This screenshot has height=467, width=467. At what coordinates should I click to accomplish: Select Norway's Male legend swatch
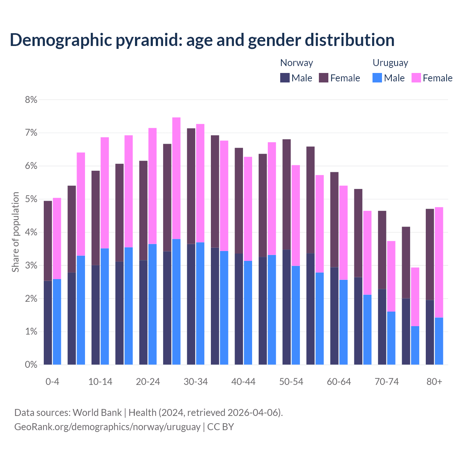(x=285, y=78)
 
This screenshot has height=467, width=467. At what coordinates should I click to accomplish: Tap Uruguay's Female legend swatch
(x=416, y=78)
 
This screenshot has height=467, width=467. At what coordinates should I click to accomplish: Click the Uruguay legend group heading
(x=390, y=63)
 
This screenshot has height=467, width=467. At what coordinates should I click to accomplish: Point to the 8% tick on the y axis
(x=31, y=100)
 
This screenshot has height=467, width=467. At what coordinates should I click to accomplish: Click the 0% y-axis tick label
(x=31, y=364)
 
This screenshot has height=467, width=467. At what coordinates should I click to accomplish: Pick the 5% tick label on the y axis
(x=31, y=199)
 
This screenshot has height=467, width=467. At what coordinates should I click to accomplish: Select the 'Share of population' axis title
(x=15, y=232)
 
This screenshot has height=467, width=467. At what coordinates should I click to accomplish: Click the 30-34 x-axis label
(x=196, y=382)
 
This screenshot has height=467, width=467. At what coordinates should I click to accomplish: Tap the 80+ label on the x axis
(x=434, y=382)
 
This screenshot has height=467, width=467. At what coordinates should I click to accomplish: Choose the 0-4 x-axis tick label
(x=52, y=382)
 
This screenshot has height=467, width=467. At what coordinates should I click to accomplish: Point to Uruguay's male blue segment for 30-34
(x=200, y=303)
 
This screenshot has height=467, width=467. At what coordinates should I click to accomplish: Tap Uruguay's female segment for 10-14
(x=105, y=193)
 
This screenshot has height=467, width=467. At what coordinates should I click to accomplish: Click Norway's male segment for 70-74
(x=382, y=327)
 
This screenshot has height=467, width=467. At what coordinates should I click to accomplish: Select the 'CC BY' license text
(x=220, y=427)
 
